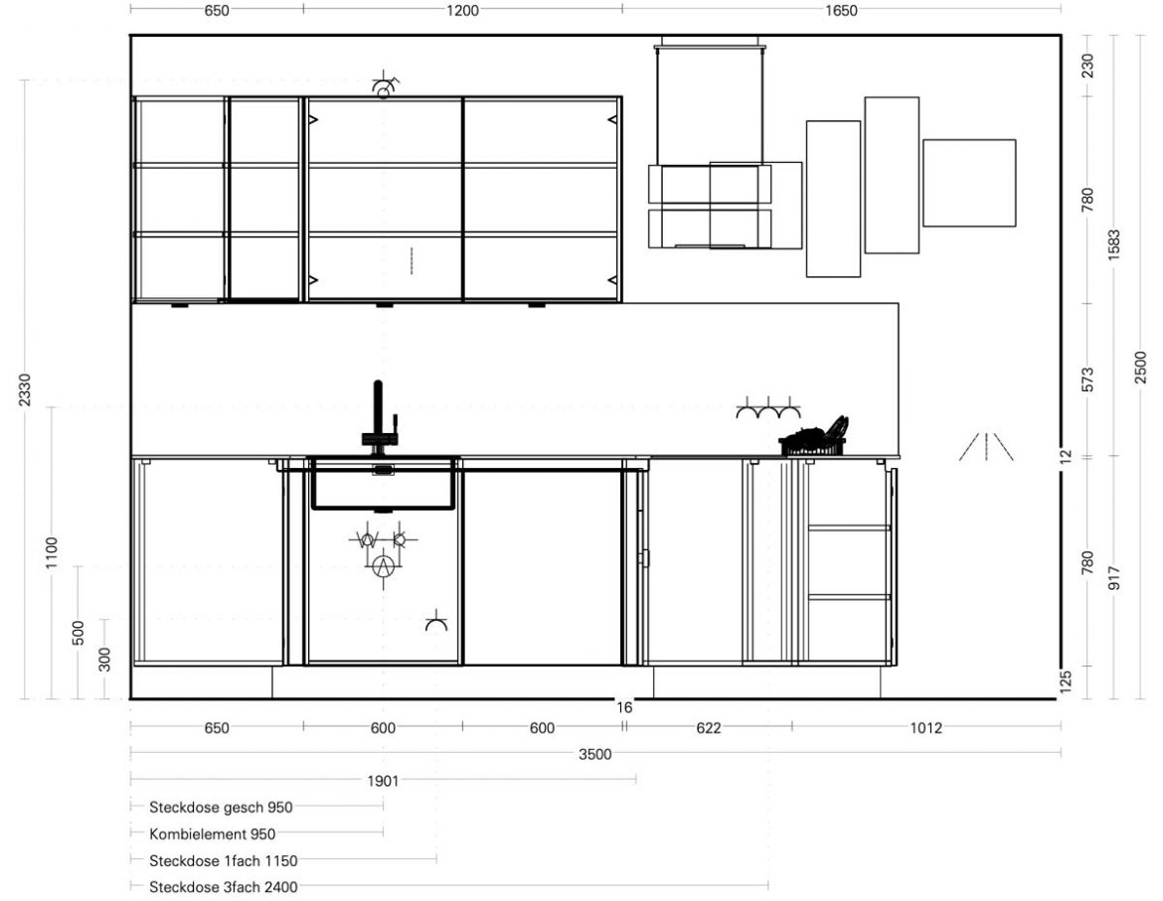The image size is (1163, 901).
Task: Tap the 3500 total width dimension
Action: [594, 754]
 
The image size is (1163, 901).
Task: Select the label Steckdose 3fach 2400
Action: [224, 887]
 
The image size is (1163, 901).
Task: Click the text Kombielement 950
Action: [212, 834]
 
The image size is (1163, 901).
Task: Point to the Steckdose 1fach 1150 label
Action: [224, 861]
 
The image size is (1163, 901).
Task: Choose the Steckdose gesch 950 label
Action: [221, 807]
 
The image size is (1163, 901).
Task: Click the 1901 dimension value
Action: [383, 781]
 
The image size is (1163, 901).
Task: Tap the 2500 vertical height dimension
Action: [1141, 368]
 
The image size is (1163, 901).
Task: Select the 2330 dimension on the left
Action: [25, 389]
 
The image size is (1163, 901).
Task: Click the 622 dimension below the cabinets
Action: [709, 727]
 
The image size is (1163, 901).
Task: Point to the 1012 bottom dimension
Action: [925, 727]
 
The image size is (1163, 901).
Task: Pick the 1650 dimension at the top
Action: [841, 10]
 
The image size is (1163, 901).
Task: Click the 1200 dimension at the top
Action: [462, 10]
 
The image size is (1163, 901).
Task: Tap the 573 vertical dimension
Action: [1087, 379]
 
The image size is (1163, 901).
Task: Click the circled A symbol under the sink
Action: [383, 567]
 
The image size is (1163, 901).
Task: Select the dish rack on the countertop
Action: [814, 437]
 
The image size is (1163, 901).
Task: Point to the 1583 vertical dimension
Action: [1114, 245]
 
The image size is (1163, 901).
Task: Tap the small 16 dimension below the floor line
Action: [624, 707]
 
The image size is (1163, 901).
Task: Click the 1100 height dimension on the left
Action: [51, 552]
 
